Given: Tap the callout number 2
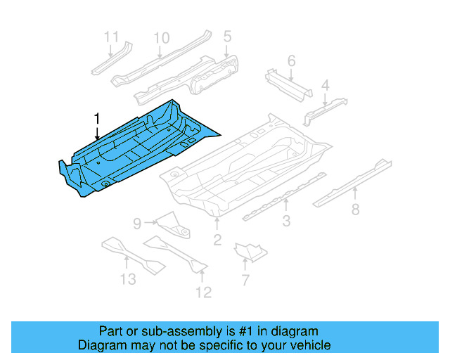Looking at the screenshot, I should point(217,241).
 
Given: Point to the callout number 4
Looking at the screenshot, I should point(325,86).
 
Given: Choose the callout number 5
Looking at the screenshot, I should point(227,36).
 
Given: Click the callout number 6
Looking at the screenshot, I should point(291,61).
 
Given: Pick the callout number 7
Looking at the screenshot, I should point(245,281).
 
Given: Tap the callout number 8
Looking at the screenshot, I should point(355,209).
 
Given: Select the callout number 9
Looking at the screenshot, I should point(138,224).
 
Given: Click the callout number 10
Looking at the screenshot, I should point(162,37).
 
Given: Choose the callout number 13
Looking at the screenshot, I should point(127,280).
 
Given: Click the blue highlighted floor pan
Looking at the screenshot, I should point(134,151).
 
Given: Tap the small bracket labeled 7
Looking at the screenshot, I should point(250,250).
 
